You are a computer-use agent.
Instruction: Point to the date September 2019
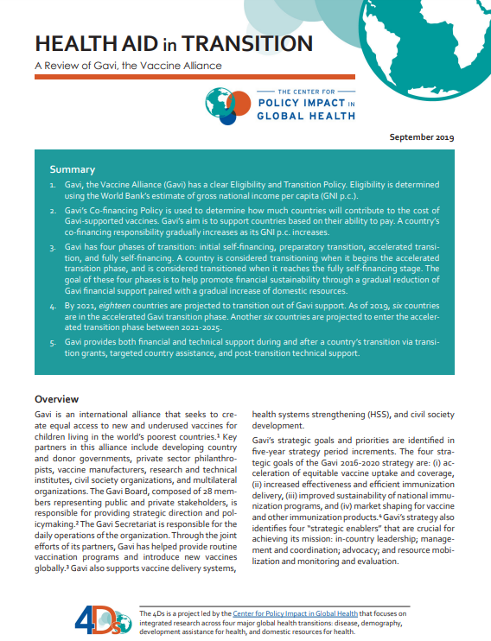(x=422, y=136)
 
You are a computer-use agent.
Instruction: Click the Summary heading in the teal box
(x=73, y=169)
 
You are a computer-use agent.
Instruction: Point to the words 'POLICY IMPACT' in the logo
(x=296, y=102)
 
